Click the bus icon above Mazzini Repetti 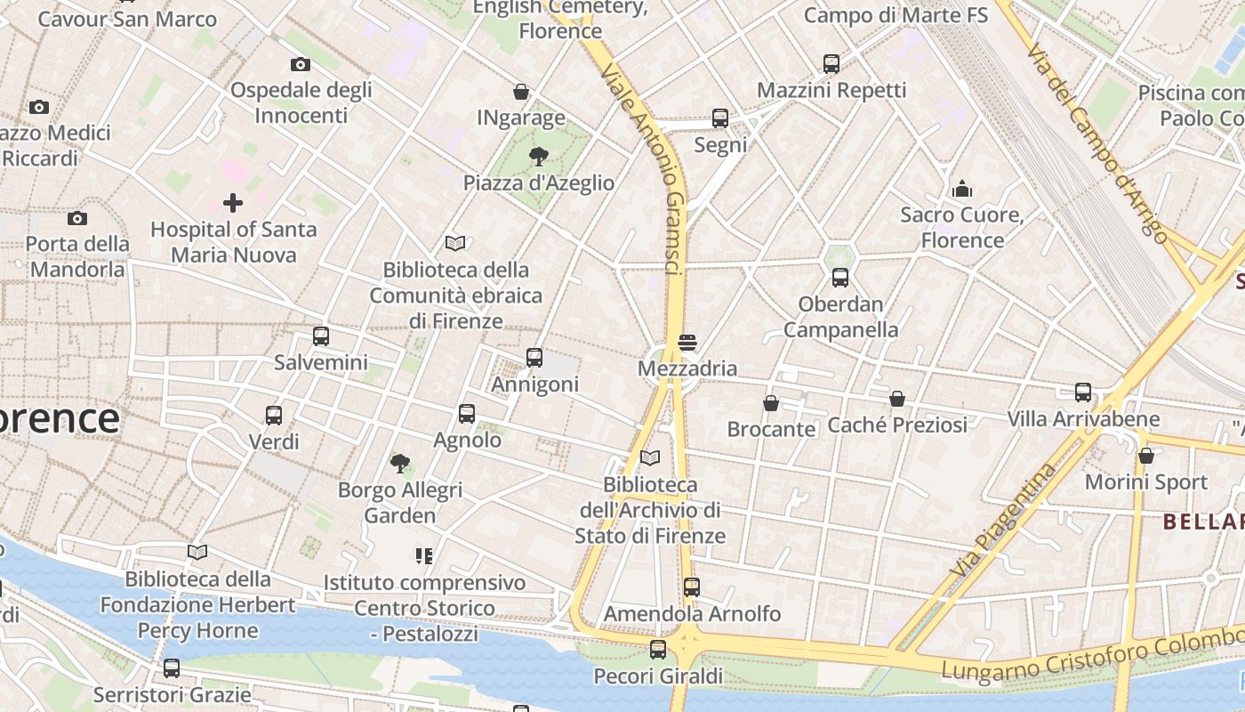coord(831,63)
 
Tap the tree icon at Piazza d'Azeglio coord(538,158)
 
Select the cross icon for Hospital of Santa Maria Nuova coord(233,203)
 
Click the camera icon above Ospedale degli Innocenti coord(301,64)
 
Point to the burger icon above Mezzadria coord(687,343)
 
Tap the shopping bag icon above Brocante coord(771,403)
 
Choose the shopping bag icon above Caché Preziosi coord(897,399)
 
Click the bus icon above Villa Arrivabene coord(1083,392)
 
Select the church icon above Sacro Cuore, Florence coord(962,189)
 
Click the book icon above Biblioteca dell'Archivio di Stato coord(650,457)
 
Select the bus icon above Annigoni coord(534,357)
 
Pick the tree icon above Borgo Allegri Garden coord(400,463)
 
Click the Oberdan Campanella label coord(840,317)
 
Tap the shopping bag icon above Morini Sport coord(1146,456)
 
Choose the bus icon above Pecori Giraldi coord(658,650)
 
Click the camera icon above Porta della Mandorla coord(77,218)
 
